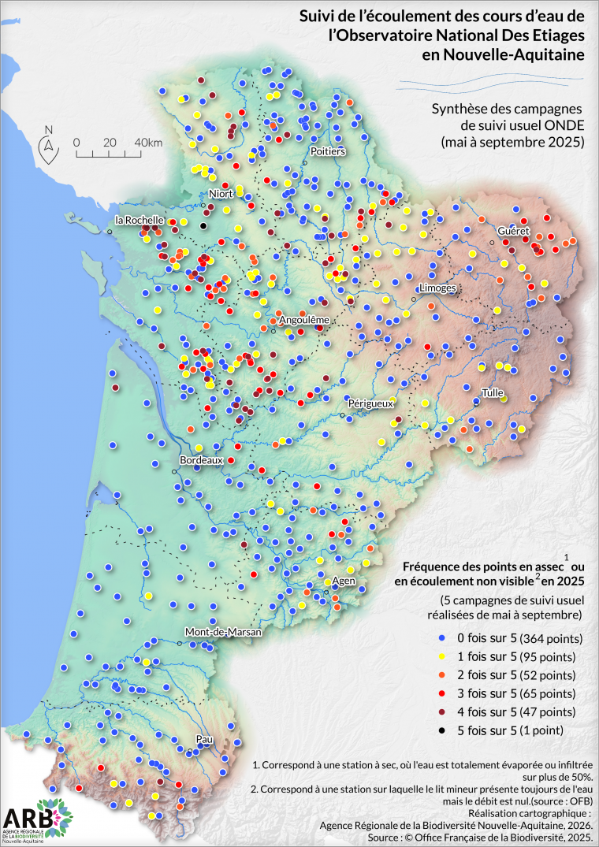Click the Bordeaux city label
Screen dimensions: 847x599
[203, 459]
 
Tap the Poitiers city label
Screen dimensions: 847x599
[328, 150]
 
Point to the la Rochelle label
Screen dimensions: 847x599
[140, 220]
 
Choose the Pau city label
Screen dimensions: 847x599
[205, 740]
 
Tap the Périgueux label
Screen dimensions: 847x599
[370, 403]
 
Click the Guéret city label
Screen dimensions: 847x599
[512, 230]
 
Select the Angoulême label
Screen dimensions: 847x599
[303, 321]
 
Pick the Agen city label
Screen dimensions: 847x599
[344, 581]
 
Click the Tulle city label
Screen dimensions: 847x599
[493, 392]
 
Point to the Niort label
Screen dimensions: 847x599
[222, 194]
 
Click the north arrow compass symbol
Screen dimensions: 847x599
[49, 143]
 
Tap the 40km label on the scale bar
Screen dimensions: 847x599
[148, 142]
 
